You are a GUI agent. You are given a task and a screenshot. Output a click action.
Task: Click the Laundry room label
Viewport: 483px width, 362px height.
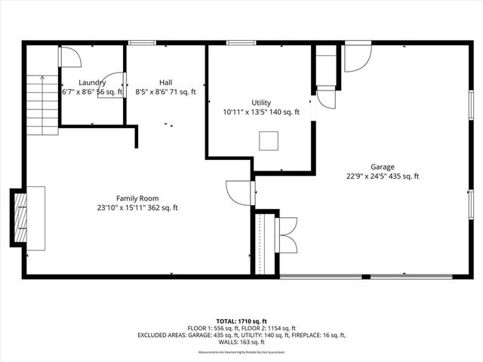tap(92, 82)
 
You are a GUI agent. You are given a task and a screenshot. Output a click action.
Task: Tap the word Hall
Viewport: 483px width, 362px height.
tap(166, 82)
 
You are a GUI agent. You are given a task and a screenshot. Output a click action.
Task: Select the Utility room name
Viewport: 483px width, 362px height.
tap(261, 103)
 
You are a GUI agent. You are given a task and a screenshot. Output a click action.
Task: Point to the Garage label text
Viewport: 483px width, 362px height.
tap(382, 167)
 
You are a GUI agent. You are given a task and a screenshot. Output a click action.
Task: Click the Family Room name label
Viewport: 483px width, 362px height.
tap(137, 198)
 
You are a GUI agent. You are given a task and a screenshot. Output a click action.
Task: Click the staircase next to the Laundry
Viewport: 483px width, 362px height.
tap(42, 105)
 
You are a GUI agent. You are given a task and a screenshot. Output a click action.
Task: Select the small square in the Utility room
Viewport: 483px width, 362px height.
tap(269, 140)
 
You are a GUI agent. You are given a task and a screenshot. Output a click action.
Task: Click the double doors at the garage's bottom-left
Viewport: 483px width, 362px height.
tap(288, 234)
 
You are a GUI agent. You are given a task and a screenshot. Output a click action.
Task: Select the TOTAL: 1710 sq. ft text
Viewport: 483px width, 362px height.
tap(241, 321)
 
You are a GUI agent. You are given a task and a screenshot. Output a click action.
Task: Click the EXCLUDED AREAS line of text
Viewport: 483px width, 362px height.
tap(241, 335)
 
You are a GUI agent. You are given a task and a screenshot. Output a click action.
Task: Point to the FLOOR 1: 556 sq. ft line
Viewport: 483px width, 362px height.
tap(241, 328)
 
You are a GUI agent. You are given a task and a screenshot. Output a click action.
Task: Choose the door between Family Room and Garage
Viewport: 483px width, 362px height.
tap(240, 192)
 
